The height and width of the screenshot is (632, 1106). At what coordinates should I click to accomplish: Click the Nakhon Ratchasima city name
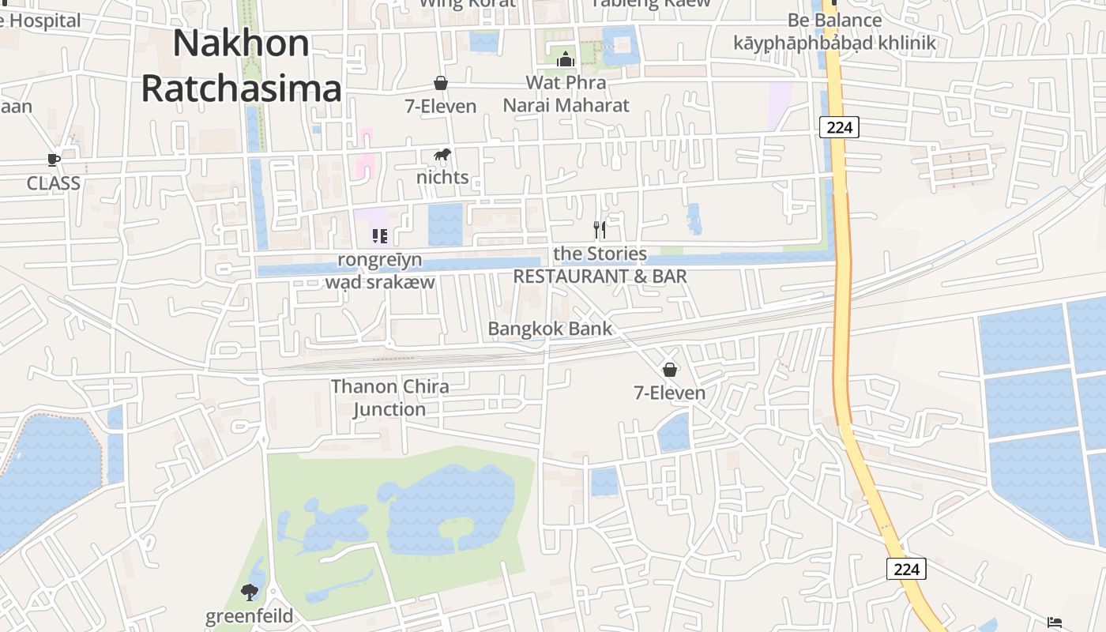tap(241, 66)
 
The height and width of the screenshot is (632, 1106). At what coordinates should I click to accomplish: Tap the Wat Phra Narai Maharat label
tap(566, 94)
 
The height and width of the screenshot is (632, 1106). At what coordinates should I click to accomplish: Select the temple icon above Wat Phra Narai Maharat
tap(566, 59)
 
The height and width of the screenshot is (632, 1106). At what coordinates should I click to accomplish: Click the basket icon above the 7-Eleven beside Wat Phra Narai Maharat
tap(441, 83)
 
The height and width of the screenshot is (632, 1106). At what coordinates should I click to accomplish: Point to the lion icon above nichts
tap(442, 155)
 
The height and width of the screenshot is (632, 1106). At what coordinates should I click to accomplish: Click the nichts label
tap(442, 177)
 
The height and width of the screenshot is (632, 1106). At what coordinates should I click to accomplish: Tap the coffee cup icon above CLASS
tap(53, 160)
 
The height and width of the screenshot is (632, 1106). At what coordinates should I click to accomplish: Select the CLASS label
tap(53, 183)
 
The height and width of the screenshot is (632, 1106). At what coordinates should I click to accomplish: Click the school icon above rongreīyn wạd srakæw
tap(380, 235)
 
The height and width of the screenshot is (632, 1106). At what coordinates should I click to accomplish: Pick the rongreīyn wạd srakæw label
tap(380, 270)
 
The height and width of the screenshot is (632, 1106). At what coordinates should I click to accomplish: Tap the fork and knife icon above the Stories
tap(600, 230)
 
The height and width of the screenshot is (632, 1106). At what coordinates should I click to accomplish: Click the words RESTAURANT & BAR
tap(600, 276)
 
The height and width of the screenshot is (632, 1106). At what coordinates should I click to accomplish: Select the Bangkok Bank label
tap(550, 329)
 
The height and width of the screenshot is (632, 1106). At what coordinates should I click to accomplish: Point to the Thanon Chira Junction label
tap(389, 397)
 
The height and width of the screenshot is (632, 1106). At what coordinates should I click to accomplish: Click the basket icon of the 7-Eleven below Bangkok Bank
tap(670, 369)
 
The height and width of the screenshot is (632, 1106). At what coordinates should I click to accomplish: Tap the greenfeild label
tap(249, 616)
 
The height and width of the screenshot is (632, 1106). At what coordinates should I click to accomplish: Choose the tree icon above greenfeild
tap(250, 592)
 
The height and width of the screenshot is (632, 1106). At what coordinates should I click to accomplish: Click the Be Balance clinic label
tap(834, 32)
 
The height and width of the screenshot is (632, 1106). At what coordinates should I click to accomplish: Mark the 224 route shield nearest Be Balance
tap(838, 126)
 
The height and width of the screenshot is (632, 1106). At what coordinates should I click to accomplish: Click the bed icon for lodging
tap(1055, 623)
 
